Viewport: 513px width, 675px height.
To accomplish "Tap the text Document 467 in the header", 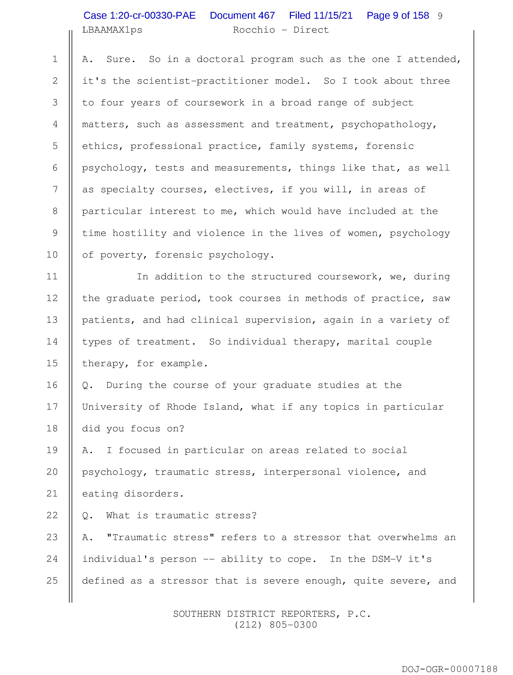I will tap(242, 15).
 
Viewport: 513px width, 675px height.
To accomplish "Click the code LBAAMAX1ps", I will tap(112, 30).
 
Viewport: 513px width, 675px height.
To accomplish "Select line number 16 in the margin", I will tap(52, 385).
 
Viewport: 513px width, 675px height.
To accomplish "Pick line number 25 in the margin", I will tap(52, 581).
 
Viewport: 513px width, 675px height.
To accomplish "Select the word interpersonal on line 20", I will tap(302, 472).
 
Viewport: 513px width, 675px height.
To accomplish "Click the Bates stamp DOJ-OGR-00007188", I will tap(449, 669).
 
